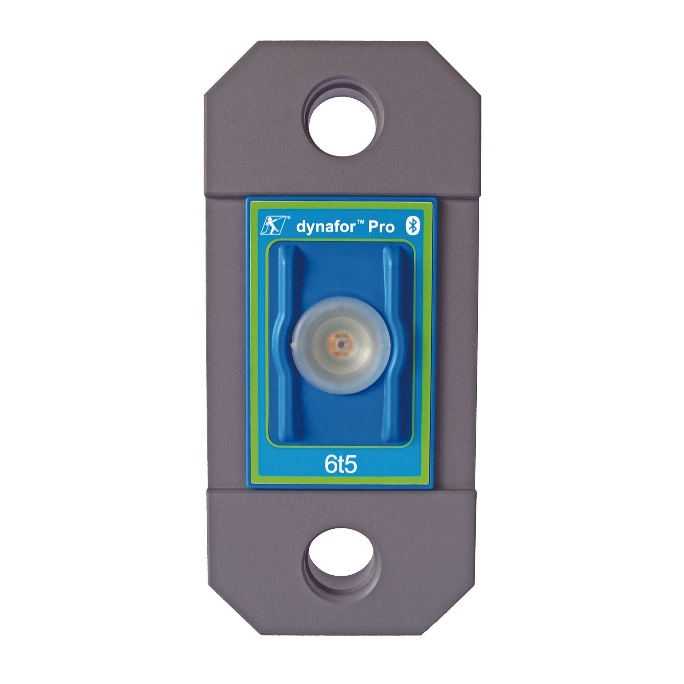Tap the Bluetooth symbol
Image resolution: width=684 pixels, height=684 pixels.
click(412, 226)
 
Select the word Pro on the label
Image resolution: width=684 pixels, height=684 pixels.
click(381, 227)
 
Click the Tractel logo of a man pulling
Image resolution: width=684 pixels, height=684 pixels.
click(273, 225)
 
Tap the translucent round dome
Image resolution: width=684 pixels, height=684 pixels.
click(341, 345)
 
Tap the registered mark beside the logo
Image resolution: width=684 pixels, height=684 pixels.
click(288, 218)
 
